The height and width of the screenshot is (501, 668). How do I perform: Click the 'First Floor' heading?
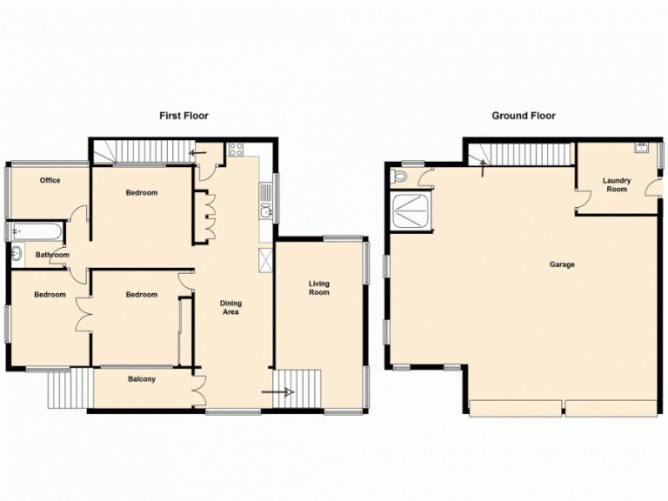tap(184, 116)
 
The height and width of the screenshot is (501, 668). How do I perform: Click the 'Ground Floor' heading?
tap(523, 116)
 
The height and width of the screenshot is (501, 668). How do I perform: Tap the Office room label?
tap(50, 180)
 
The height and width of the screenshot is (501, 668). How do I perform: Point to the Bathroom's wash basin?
tap(18, 254)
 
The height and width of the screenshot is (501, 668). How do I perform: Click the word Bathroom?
tap(52, 256)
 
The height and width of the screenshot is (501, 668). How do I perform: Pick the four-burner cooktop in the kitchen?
tap(236, 150)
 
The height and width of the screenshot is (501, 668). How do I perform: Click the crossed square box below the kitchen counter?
tap(266, 259)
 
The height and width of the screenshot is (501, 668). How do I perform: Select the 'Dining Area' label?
tap(230, 307)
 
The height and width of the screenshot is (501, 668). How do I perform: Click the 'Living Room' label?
tap(319, 287)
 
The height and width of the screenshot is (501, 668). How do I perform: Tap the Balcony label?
tap(141, 380)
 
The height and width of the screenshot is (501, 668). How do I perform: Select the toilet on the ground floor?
tap(400, 177)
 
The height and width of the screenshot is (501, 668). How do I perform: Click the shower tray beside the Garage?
tap(412, 210)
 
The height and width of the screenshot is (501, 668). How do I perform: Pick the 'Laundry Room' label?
tap(616, 185)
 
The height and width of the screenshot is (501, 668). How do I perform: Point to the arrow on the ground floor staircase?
tap(483, 164)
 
